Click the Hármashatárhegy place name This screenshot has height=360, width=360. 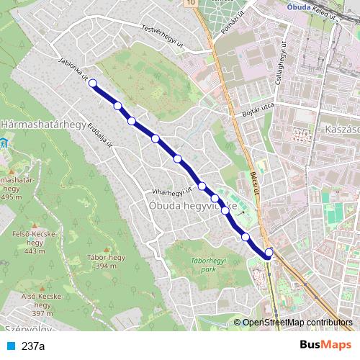pos(43,124)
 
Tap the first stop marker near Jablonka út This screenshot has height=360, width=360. pos(93,84)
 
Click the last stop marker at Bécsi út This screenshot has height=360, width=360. pos(269,252)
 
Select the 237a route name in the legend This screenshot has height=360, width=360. pos(33,346)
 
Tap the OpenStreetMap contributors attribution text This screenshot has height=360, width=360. pos(297,323)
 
